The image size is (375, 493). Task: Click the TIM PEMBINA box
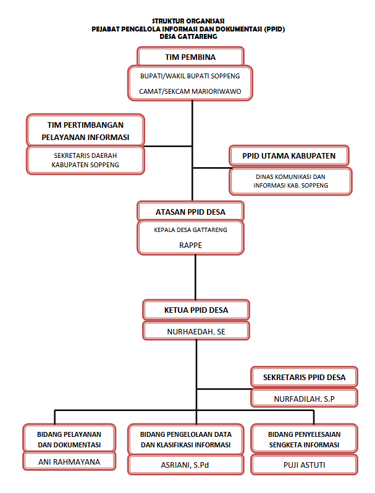pyautogui.click(x=190, y=57)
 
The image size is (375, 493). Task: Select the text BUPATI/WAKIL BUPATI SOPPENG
pyautogui.click(x=190, y=76)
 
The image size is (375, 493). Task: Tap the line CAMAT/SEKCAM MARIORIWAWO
pyautogui.click(x=190, y=91)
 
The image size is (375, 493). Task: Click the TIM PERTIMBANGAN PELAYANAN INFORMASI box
pyautogui.click(x=85, y=130)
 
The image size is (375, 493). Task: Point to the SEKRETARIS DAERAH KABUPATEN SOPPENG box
pyautogui.click(x=85, y=160)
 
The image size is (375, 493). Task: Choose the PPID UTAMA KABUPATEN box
pyautogui.click(x=289, y=155)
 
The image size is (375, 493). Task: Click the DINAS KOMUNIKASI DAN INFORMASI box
pyautogui.click(x=290, y=181)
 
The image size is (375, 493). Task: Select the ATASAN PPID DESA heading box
pyautogui.click(x=190, y=212)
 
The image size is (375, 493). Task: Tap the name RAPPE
pyautogui.click(x=190, y=245)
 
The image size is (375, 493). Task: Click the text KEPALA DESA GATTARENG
pyautogui.click(x=190, y=230)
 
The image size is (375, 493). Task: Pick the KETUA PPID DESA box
pyautogui.click(x=196, y=310)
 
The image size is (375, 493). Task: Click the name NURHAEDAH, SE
pyautogui.click(x=196, y=332)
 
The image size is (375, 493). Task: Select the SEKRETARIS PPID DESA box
pyautogui.click(x=304, y=377)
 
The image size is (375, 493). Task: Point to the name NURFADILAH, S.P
pyautogui.click(x=304, y=399)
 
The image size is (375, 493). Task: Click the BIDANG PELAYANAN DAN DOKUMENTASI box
pyautogui.click(x=69, y=439)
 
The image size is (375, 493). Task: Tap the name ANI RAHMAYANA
pyautogui.click(x=69, y=462)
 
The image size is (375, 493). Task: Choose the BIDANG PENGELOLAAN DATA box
pyautogui.click(x=186, y=440)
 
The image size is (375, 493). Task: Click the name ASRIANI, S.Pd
pyautogui.click(x=185, y=465)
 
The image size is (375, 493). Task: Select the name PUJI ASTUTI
pyautogui.click(x=304, y=465)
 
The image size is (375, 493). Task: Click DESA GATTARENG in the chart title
pyautogui.click(x=188, y=36)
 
